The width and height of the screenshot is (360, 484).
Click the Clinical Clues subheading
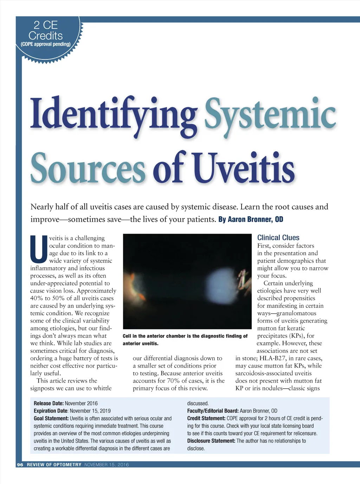[x=278, y=238]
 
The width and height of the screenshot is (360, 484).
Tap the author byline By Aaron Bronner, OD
[x=251, y=219]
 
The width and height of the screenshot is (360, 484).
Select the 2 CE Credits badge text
[x=46, y=30]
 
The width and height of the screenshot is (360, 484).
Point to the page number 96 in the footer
[x=20, y=465]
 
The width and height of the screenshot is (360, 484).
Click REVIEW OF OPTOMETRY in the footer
[x=54, y=465]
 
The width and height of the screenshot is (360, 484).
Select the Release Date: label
[x=49, y=403]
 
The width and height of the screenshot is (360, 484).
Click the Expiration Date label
[x=50, y=411]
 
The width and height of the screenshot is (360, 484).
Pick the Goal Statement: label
[x=51, y=419]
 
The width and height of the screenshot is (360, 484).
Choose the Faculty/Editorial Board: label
[x=213, y=411]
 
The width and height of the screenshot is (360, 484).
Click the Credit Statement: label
[x=206, y=419]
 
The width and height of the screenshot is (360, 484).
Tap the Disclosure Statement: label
[x=211, y=441]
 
